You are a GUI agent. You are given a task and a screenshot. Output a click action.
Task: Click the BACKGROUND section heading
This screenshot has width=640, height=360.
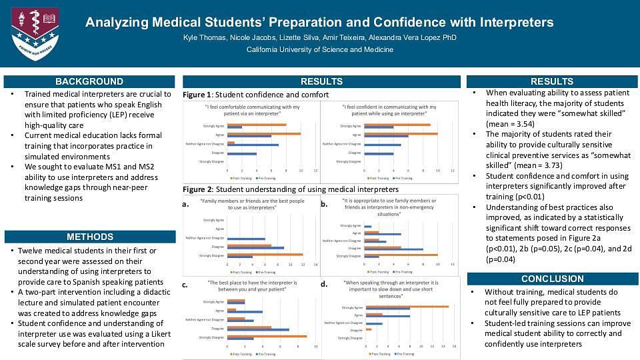click(89, 81)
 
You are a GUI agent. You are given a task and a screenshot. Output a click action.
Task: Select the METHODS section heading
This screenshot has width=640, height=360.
click(89, 237)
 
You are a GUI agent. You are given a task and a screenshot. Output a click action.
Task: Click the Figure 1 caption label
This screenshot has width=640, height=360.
click(197, 95)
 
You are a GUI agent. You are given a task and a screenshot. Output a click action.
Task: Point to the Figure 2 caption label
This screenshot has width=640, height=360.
click(197, 189)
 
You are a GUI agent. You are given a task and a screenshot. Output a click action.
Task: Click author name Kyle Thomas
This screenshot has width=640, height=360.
click(204, 38)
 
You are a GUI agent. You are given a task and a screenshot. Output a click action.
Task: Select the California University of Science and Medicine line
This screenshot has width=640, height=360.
click(319, 50)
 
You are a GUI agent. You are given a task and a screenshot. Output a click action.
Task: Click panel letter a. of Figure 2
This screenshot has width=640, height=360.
click(186, 206)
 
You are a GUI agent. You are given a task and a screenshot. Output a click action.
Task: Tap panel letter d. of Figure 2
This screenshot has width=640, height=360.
click(324, 285)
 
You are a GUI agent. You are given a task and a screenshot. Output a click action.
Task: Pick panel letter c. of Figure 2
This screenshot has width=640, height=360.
click(185, 285)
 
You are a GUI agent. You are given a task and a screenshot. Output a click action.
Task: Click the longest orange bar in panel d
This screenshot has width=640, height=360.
click(407, 307)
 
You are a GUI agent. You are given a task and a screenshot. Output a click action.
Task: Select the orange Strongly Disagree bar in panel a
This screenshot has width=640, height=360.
click(265, 254)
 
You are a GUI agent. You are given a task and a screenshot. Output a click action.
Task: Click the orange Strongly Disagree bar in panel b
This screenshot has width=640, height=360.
click(399, 255)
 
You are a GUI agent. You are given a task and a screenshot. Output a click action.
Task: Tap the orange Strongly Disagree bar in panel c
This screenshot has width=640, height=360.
click(267, 336)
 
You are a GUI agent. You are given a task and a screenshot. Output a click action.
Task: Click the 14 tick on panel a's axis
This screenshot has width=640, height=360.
click(315, 265)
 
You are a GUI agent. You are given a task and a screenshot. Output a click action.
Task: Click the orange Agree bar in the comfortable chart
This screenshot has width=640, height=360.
click(263, 134)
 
